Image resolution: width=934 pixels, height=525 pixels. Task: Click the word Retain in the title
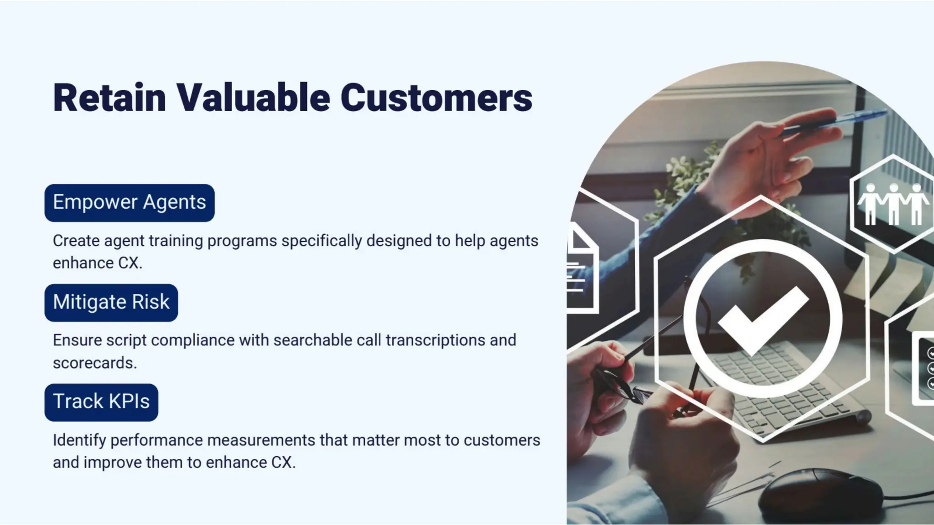pos(109,98)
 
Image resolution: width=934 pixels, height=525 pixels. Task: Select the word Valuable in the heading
pos(253,98)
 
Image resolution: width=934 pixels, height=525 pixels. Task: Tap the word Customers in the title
pos(436,98)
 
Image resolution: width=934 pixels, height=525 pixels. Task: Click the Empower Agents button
pos(130,203)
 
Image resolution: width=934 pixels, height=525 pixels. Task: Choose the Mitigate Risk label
pos(111,303)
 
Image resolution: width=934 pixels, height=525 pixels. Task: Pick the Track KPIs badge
pos(101,402)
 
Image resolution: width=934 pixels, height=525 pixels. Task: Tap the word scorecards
pos(94,363)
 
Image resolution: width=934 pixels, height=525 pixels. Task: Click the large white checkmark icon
pos(763,319)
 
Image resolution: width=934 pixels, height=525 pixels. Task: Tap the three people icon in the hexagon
pos(892,204)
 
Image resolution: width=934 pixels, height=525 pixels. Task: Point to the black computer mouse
pos(812,494)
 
